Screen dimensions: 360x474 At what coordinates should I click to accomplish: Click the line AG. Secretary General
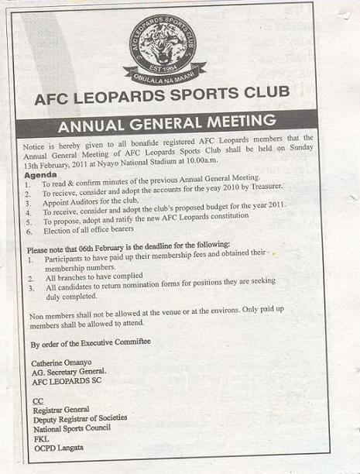pos(68,372)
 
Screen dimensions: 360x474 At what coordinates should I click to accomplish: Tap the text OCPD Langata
pos(57,447)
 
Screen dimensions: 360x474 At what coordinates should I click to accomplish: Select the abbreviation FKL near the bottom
pos(39,437)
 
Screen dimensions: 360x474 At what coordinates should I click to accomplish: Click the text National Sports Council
pos(74,428)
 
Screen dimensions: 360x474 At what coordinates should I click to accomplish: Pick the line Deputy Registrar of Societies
pos(80,418)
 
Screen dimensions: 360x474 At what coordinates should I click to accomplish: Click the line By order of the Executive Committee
pos(91,342)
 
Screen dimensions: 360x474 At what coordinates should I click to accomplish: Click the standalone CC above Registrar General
pos(37,399)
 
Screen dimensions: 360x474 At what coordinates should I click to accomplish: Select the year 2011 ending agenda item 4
pos(275,209)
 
